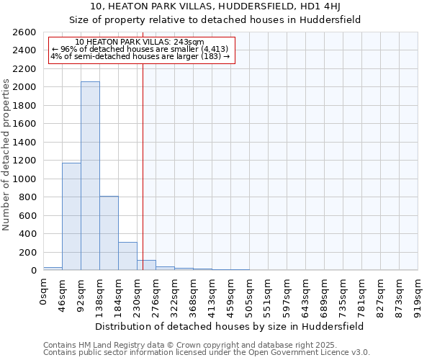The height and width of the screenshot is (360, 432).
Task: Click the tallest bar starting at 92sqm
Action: [x=90, y=176]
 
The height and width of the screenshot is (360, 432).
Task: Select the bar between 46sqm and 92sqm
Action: [x=71, y=216]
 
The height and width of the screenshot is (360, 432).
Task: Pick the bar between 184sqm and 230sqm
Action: [x=127, y=256]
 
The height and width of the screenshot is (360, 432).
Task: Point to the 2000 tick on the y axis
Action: [x=27, y=87]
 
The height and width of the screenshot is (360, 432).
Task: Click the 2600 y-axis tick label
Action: [x=27, y=32]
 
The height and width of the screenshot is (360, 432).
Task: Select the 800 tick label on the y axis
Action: [x=29, y=197]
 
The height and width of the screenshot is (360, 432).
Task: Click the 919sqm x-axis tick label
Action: [x=418, y=295]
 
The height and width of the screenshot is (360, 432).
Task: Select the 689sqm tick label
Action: [x=325, y=295]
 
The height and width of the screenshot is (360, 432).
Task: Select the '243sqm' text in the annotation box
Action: [x=191, y=42]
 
